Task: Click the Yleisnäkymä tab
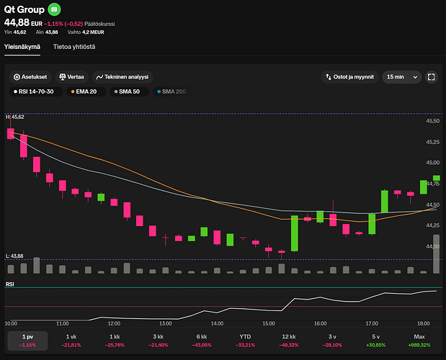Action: pos(22,47)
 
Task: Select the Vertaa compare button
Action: pos(72,76)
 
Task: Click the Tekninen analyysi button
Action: pos(123,76)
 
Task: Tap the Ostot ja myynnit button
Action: pos(349,76)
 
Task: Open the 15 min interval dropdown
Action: pos(401,76)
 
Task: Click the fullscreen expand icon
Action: pos(432,76)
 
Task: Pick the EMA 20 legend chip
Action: pos(84,91)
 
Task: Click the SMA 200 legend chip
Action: pos(171,91)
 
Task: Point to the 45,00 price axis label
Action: pos(432,163)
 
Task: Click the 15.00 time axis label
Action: pos(269,323)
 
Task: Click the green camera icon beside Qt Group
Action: pos(55,10)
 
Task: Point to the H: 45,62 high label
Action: pos(15,117)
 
